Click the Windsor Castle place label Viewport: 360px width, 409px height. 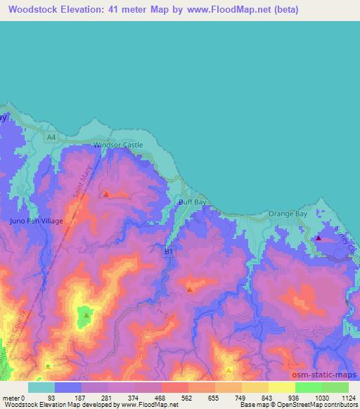[118, 145]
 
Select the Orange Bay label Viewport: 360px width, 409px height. [288, 213]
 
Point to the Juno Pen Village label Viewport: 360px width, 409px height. [37, 221]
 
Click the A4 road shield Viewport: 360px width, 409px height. [51, 138]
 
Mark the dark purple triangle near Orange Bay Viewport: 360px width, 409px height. [319, 238]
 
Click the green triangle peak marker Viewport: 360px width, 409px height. [86, 316]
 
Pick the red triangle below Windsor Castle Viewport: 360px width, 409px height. [106, 194]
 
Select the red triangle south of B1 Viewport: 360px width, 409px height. [190, 289]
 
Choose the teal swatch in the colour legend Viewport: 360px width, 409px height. [41, 387]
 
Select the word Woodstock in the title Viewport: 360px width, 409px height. [34, 10]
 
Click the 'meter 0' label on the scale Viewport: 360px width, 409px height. [13, 398]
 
